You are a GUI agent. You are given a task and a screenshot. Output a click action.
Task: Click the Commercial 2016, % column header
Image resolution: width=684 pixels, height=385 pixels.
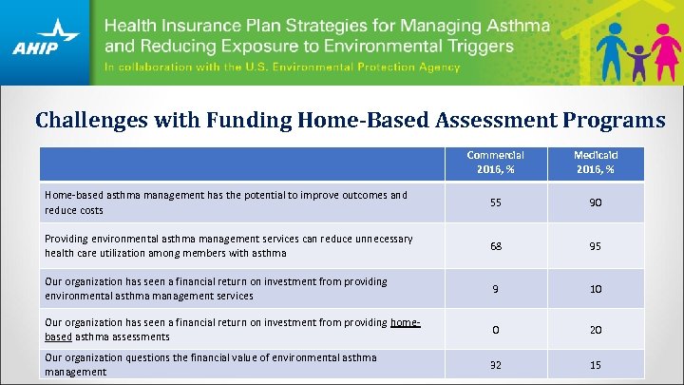(495, 162)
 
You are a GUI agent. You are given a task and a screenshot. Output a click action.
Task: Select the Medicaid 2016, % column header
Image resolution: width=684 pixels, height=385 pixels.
(594, 162)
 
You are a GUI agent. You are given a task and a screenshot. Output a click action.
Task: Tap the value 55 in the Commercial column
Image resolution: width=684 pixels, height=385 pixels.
(495, 202)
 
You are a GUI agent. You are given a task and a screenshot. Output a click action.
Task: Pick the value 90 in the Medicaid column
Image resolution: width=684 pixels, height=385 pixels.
(594, 202)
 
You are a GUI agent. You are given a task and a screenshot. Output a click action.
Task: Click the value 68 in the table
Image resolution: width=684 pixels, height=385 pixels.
(495, 246)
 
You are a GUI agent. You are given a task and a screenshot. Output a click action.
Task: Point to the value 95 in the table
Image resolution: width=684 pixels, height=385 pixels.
(594, 246)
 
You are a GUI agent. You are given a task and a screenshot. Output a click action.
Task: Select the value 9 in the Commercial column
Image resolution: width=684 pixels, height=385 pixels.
(495, 288)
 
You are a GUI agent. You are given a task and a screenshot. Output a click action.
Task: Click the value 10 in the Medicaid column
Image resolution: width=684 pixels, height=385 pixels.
(594, 288)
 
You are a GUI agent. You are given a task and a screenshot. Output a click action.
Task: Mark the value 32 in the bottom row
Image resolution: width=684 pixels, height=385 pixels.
(495, 365)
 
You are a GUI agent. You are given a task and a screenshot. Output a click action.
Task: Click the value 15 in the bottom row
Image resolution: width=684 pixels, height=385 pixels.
(594, 365)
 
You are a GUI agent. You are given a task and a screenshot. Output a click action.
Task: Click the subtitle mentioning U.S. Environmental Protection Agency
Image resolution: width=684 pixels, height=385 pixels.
(282, 67)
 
